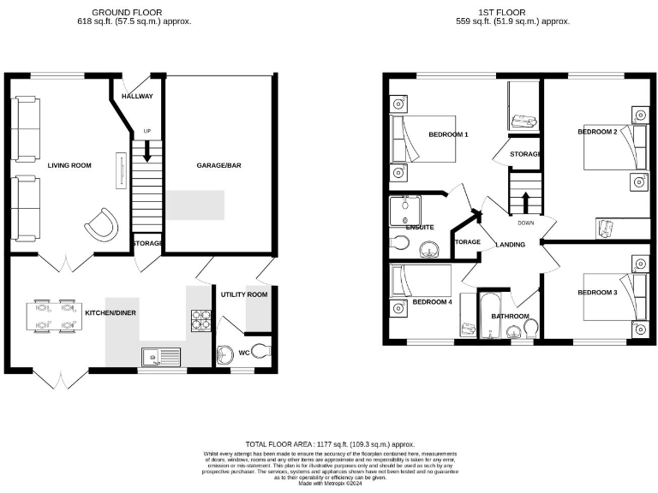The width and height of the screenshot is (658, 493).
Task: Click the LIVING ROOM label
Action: [69, 165]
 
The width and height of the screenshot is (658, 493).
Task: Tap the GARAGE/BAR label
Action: [218, 165]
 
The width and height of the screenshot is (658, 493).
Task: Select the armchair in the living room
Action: [100, 223]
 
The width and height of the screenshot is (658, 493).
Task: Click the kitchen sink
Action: [161, 354]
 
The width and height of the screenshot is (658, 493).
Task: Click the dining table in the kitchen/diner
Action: [53, 314]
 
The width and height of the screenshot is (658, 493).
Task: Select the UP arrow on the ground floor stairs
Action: [147, 151]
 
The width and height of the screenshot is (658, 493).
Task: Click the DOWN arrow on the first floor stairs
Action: [525, 203]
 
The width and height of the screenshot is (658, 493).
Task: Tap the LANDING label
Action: [511, 245]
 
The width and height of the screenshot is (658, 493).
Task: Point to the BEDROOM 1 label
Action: [448, 134]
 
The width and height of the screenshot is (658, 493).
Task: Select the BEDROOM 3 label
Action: [597, 293]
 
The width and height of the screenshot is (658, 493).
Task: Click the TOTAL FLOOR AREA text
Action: [330, 444]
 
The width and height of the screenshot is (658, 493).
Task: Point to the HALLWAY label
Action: [137, 97]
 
